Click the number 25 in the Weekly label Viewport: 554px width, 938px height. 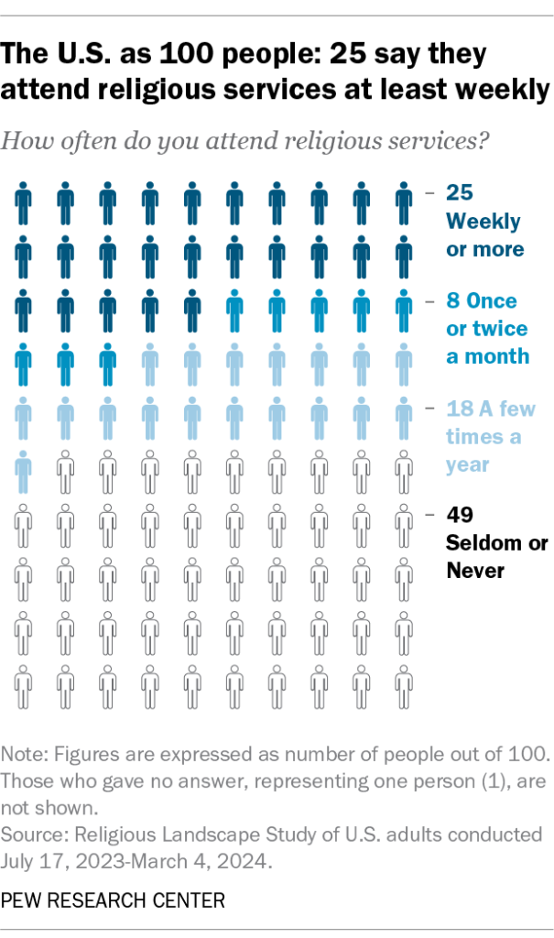pyautogui.click(x=460, y=192)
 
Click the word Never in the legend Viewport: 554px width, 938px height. pyautogui.click(x=475, y=571)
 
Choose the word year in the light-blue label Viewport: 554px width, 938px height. pyautogui.click(x=467, y=464)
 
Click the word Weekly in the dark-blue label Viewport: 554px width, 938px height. pyautogui.click(x=483, y=221)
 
